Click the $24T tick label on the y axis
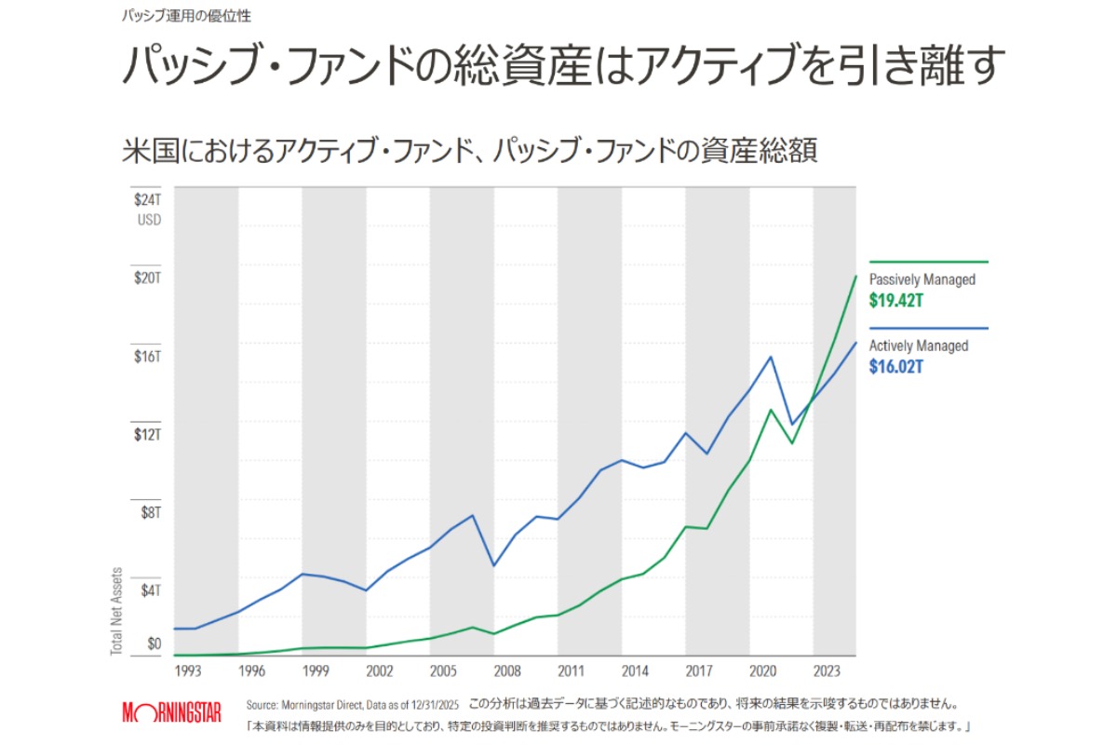(x=148, y=200)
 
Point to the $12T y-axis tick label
(x=148, y=434)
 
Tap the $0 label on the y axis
(x=154, y=643)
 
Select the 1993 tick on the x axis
(x=188, y=670)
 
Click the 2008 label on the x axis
(x=506, y=670)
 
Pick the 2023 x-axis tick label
(x=826, y=670)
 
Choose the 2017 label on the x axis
(x=698, y=670)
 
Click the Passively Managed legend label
(x=922, y=279)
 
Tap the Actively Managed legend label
(x=918, y=345)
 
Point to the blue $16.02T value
(x=895, y=367)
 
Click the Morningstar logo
(x=171, y=713)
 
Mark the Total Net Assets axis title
(x=117, y=609)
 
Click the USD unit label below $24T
(x=149, y=220)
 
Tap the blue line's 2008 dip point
(x=493, y=565)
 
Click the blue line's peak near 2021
(x=771, y=357)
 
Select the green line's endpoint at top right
(x=855, y=277)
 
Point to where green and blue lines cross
(x=811, y=403)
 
